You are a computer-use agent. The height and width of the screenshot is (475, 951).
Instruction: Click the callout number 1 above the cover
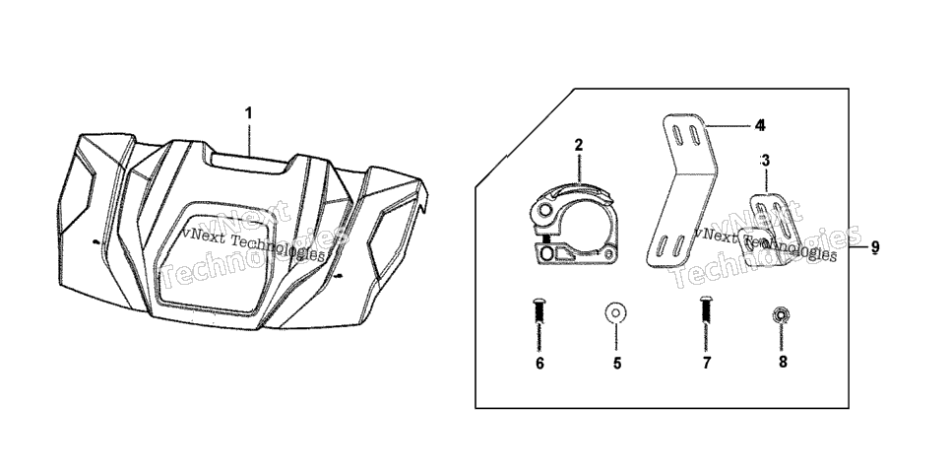point(248,113)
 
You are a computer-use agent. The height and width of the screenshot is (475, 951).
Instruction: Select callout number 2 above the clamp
point(579,145)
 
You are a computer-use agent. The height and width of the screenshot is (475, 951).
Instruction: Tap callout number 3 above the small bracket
point(765,161)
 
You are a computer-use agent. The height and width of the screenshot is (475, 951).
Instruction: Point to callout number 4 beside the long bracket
point(761,126)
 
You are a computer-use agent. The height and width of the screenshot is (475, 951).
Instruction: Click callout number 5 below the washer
point(617,364)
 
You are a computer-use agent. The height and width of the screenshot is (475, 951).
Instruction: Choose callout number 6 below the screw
point(539,364)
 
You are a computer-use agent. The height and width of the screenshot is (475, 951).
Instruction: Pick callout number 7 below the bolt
point(707,364)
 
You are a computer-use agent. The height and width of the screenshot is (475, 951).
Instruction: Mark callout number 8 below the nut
point(783,362)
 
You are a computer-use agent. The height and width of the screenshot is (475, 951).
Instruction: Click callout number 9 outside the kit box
point(875,247)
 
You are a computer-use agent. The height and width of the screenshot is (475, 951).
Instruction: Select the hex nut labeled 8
point(781,314)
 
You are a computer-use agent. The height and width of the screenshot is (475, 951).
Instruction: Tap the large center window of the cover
point(213,258)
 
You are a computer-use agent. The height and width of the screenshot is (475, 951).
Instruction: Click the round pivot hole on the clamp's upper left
point(544,210)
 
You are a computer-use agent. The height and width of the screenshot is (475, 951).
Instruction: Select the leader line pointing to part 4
point(729,126)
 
